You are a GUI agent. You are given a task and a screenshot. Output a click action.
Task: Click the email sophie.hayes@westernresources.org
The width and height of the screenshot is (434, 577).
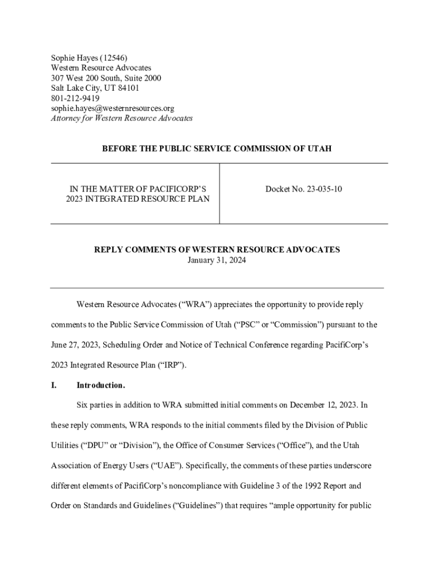112,108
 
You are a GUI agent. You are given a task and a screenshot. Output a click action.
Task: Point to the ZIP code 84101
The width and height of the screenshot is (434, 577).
128,88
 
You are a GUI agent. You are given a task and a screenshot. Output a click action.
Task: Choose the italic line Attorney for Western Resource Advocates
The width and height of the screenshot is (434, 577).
122,118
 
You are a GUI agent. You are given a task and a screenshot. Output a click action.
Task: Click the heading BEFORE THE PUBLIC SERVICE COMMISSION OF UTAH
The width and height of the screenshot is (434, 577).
217,149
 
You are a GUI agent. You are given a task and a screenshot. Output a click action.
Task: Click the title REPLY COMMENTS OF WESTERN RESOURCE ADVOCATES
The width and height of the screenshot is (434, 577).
217,250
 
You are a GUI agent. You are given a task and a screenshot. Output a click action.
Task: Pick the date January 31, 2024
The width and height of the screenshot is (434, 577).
217,260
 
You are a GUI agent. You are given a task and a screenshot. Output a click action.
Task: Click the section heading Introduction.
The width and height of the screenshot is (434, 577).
100,385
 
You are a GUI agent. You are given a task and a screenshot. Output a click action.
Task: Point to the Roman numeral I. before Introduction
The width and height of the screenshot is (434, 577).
54,385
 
